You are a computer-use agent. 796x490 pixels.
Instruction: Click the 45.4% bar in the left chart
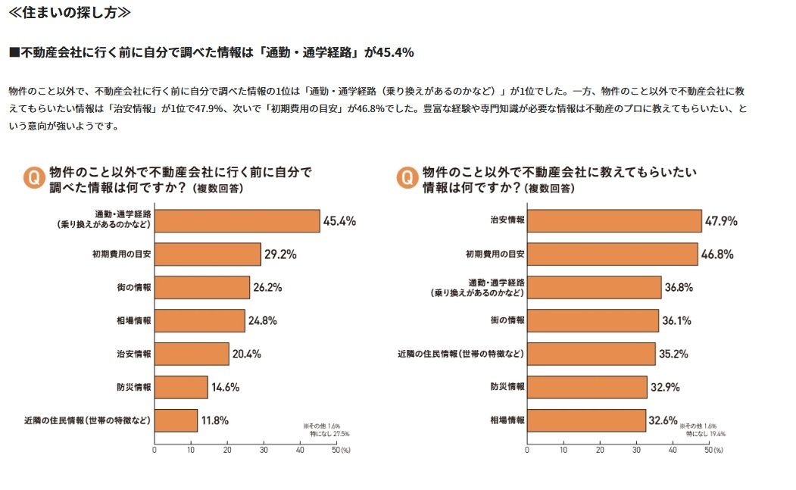pyautogui.click(x=237, y=221)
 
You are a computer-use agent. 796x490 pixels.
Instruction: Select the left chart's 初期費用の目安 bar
pyautogui.click(x=208, y=254)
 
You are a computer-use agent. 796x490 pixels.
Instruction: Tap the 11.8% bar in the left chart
pyautogui.click(x=176, y=420)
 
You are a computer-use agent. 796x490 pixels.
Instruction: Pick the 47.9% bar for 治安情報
pyautogui.click(x=614, y=221)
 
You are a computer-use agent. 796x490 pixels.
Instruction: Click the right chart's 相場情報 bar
pyautogui.click(x=587, y=420)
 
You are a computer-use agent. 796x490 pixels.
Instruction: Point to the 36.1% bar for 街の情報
pyautogui.click(x=593, y=320)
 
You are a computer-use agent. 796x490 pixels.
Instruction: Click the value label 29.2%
pyautogui.click(x=279, y=254)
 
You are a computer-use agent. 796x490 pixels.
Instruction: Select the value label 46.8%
pyautogui.click(x=716, y=254)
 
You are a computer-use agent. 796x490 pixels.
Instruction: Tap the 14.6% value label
pyautogui.click(x=225, y=387)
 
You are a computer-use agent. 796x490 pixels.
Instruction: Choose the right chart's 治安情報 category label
pyautogui.click(x=507, y=221)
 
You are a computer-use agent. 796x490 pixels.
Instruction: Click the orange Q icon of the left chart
pyautogui.click(x=33, y=178)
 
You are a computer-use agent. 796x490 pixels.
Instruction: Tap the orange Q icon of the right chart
pyautogui.click(x=407, y=178)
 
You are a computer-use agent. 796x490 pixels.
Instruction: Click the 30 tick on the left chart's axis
pyautogui.click(x=264, y=449)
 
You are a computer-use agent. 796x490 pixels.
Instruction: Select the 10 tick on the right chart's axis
pyautogui.click(x=563, y=449)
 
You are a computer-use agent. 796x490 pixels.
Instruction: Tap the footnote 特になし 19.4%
pyautogui.click(x=706, y=434)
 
